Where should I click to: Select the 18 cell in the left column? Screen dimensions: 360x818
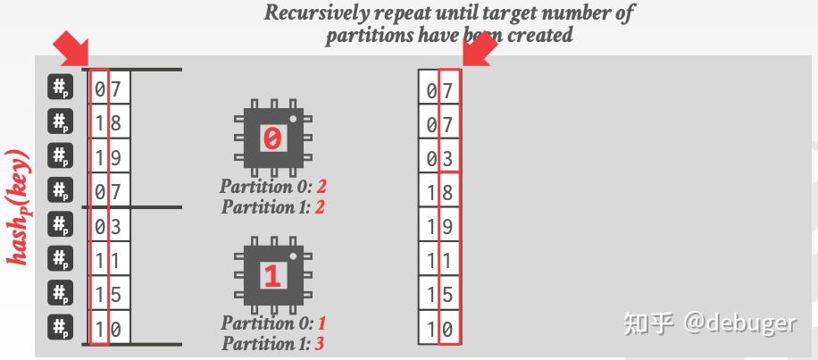[x=110, y=122]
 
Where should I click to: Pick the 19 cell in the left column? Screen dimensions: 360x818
[x=110, y=157]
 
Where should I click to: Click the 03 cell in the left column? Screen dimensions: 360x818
[x=110, y=225]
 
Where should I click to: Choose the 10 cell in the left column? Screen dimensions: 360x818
[x=110, y=329]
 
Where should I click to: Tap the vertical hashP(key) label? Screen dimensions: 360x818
[x=20, y=206]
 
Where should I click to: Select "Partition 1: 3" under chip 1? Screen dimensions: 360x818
[x=272, y=341]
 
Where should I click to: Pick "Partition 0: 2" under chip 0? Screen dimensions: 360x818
[x=272, y=188]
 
